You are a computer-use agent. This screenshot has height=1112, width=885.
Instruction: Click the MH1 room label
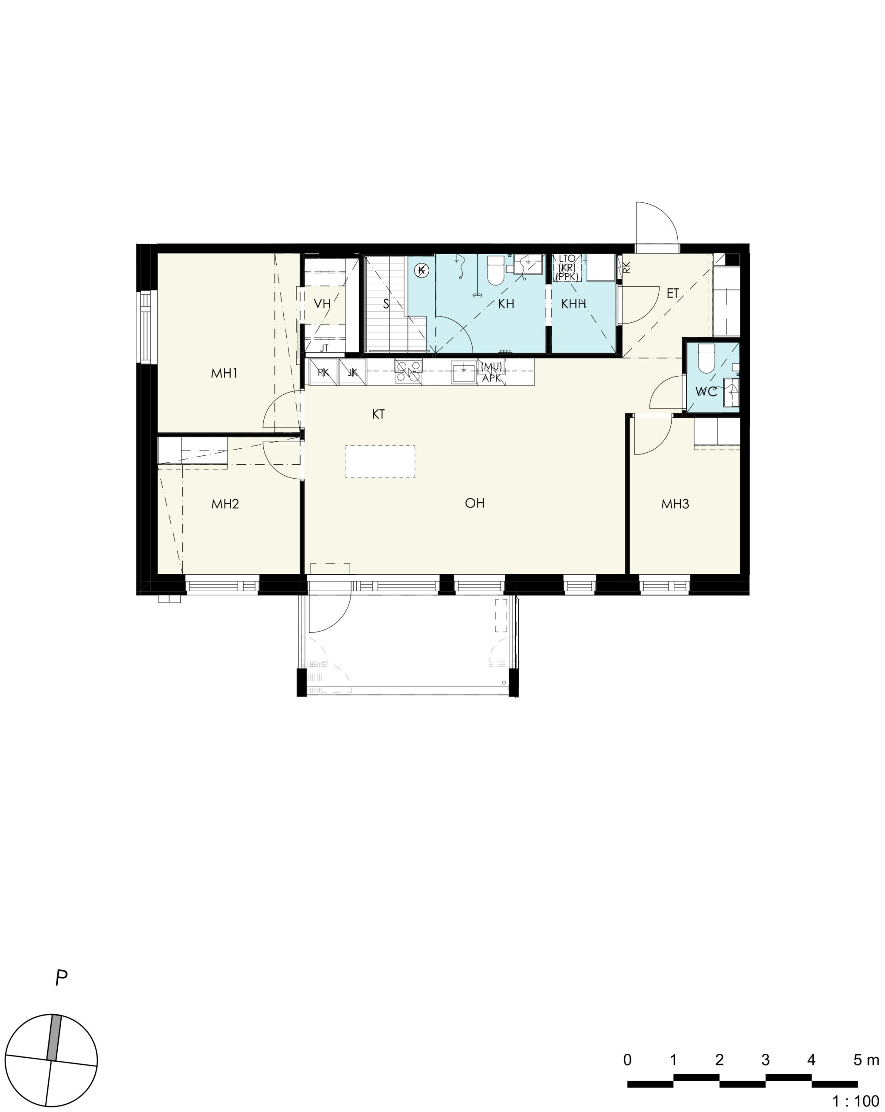pyautogui.click(x=224, y=373)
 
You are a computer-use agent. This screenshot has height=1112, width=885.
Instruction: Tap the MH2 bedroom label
pyautogui.click(x=225, y=504)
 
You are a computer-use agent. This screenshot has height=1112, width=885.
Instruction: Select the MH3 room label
pyautogui.click(x=675, y=504)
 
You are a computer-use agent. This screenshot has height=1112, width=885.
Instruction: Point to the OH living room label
pyautogui.click(x=474, y=503)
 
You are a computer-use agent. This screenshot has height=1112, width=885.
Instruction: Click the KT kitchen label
pyautogui.click(x=378, y=414)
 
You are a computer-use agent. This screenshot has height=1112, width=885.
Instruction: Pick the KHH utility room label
pyautogui.click(x=573, y=304)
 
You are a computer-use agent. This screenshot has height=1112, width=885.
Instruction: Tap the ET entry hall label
pyautogui.click(x=673, y=294)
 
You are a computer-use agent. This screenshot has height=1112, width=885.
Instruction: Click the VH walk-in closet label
pyautogui.click(x=322, y=304)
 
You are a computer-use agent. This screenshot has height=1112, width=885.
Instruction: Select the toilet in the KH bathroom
pyautogui.click(x=496, y=270)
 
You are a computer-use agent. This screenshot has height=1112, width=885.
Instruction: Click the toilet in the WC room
pyautogui.click(x=706, y=358)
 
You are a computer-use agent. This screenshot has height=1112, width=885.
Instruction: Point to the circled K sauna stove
pyautogui.click(x=421, y=269)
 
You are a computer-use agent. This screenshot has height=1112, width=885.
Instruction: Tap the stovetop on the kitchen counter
pyautogui.click(x=408, y=371)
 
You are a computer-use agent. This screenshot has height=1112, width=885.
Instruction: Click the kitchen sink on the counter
pyautogui.click(x=464, y=372)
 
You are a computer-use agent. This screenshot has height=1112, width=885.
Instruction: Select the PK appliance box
pyautogui.click(x=323, y=372)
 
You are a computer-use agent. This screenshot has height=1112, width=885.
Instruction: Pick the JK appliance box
pyautogui.click(x=353, y=372)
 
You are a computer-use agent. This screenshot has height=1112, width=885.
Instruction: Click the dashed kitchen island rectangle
pyautogui.click(x=380, y=462)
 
